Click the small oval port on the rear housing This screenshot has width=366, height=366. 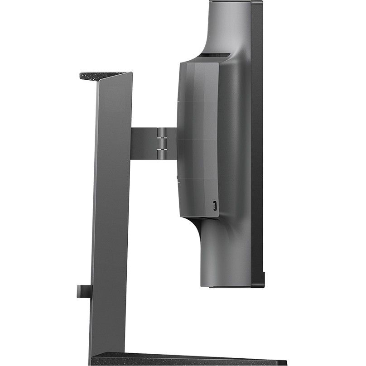pyautogui.click(x=215, y=205)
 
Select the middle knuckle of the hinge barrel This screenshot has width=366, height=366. pyautogui.click(x=161, y=140)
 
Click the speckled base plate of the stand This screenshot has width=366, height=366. pyautogui.click(x=190, y=359)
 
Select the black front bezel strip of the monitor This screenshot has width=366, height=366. pyautogui.click(x=257, y=136)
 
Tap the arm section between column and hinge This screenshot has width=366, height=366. pyautogui.click(x=144, y=143)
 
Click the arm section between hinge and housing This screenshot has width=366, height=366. pyautogui.click(x=171, y=143)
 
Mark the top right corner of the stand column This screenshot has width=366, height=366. pyautogui.click(x=131, y=73)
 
